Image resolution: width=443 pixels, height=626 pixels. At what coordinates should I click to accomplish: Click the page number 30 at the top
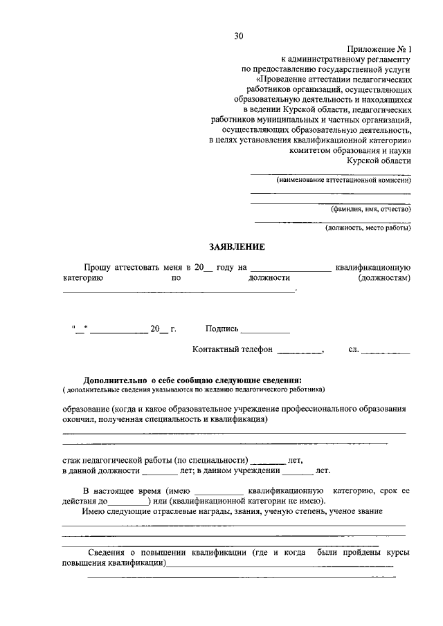[x=238, y=36]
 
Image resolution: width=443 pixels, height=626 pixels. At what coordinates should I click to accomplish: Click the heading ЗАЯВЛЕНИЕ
[x=237, y=247]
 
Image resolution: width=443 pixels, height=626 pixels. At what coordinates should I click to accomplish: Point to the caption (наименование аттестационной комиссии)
[x=343, y=180]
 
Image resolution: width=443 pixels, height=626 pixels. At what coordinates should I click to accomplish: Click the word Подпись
[x=221, y=329]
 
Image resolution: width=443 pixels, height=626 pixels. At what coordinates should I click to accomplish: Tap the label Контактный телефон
[x=233, y=349]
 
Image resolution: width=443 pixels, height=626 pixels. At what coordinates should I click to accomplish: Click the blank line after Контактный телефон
[x=299, y=352]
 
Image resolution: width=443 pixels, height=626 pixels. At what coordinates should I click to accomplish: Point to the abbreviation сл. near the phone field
[x=353, y=349]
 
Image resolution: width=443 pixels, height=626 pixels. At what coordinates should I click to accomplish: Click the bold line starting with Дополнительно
[x=192, y=380]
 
